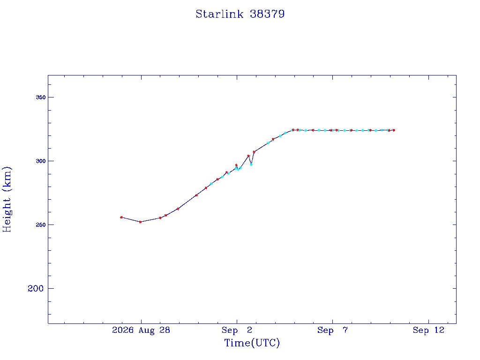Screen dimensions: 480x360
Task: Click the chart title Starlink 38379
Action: (240, 14)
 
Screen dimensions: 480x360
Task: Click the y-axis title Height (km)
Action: (7, 200)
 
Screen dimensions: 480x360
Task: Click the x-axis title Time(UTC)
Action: (252, 343)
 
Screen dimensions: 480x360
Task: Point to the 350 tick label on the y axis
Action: (40, 97)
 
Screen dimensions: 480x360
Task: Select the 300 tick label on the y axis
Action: (40, 161)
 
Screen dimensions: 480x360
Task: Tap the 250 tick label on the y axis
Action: (40, 225)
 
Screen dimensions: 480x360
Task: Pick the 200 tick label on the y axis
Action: (36, 288)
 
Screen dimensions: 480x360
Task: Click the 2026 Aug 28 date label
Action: (141, 330)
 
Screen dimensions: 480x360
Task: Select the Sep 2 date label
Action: (237, 330)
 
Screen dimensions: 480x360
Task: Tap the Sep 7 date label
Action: (332, 330)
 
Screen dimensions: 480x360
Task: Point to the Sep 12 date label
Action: (428, 330)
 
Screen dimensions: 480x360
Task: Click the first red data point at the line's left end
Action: (121, 217)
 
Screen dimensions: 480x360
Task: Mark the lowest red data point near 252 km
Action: (140, 222)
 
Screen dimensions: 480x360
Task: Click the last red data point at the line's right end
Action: (394, 130)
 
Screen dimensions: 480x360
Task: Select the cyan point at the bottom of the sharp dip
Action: (251, 165)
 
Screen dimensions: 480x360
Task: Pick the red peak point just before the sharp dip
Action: (248, 156)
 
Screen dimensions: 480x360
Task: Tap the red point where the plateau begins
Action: (293, 130)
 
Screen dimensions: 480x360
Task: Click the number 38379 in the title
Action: (267, 14)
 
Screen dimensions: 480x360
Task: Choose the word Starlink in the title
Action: (219, 14)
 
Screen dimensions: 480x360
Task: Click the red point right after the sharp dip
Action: (254, 152)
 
